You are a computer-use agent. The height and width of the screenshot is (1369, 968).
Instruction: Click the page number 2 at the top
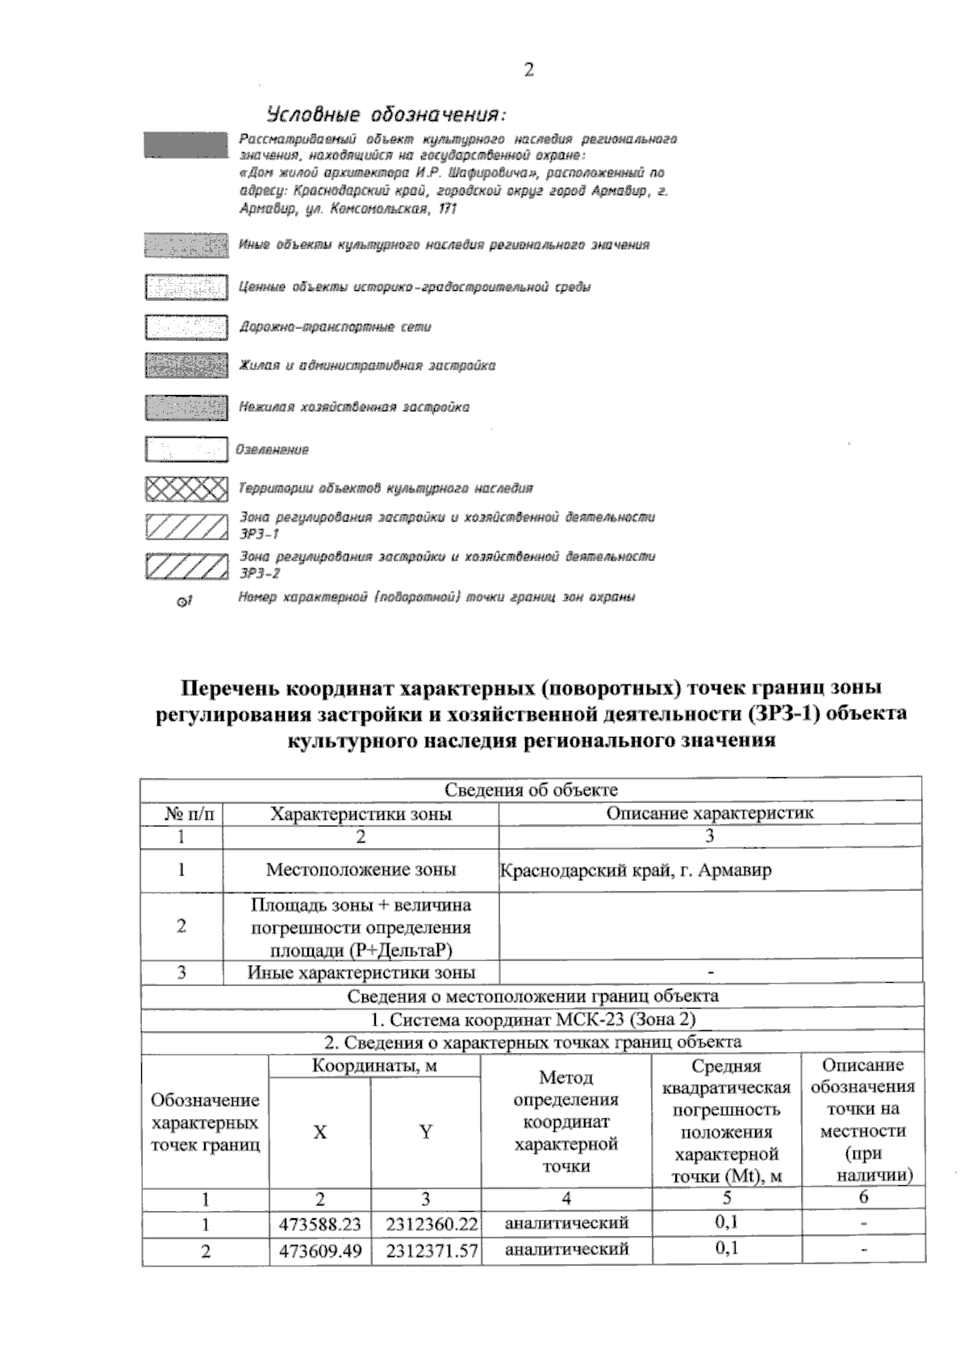point(528,70)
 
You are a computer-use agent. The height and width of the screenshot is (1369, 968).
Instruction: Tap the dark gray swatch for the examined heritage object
point(186,145)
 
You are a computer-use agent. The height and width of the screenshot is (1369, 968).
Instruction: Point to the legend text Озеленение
point(272,450)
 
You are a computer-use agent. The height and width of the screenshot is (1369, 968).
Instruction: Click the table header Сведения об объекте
point(532,789)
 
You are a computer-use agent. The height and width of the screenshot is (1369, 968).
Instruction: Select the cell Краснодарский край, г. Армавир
point(636,871)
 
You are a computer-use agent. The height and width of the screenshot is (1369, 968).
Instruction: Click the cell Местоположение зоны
point(361,870)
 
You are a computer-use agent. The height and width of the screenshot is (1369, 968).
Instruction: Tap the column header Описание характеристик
point(709,813)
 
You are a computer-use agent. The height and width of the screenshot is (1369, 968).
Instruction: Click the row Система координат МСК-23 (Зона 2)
point(532,1019)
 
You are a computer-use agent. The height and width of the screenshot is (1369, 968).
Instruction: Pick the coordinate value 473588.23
point(319,1224)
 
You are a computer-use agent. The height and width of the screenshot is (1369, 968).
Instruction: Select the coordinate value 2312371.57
point(432,1251)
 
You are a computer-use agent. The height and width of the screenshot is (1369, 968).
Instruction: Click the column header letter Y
point(425,1132)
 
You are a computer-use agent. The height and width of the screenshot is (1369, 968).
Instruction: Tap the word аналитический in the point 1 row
point(565,1223)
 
